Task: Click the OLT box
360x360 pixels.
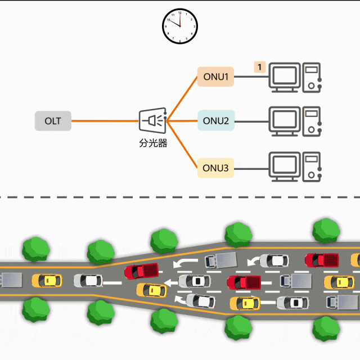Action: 53,121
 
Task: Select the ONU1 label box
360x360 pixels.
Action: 215,76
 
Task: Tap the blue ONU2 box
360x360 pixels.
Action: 215,121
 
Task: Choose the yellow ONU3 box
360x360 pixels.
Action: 215,168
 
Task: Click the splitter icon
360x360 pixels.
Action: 153,120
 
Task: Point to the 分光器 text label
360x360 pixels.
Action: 153,143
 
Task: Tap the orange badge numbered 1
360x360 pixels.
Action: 259,67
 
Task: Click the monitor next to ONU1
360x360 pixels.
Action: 284,78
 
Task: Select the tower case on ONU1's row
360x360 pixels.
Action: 312,78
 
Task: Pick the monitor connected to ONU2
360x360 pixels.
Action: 284,120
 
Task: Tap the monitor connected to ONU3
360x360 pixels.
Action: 284,166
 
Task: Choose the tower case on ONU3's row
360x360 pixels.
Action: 312,166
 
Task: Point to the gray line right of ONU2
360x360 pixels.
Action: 251,121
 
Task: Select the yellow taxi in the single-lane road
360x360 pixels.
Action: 46,280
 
